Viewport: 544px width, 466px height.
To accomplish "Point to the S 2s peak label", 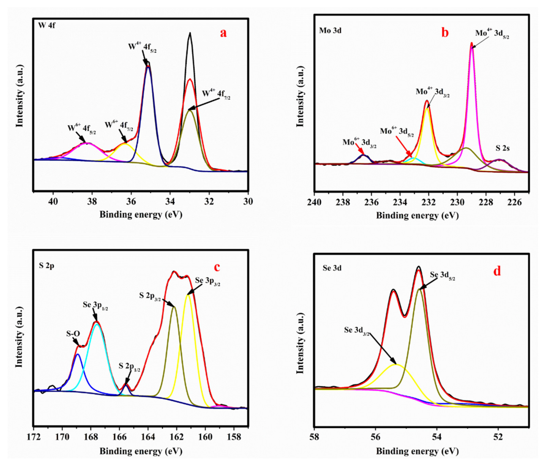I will pos(502,149).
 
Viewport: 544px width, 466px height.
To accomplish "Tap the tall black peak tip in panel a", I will pos(190,33).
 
